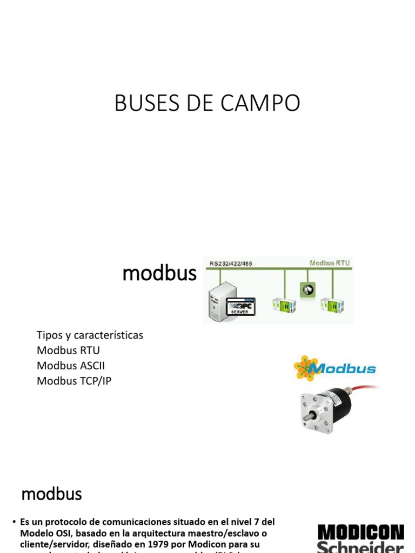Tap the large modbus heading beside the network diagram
tap(159, 274)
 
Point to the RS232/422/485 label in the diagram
tap(230, 264)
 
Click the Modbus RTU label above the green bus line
tap(330, 263)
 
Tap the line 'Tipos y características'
tap(90, 335)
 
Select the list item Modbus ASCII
tap(71, 366)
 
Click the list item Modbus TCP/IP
tap(74, 381)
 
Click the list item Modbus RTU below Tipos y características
tap(68, 350)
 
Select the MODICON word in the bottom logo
tap(360, 532)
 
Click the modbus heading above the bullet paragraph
tap(51, 494)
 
